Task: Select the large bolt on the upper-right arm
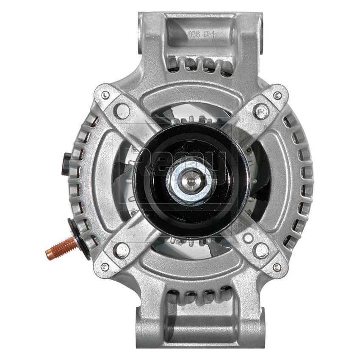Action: [x=261, y=111]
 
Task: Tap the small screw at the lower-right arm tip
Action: [x=277, y=267]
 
